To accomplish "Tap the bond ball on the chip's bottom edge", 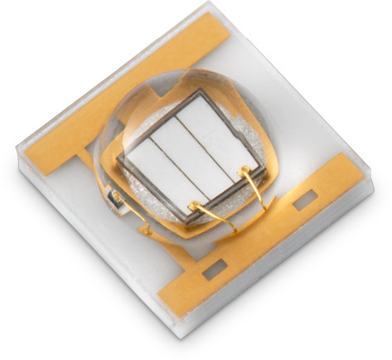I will [x=192, y=205].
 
